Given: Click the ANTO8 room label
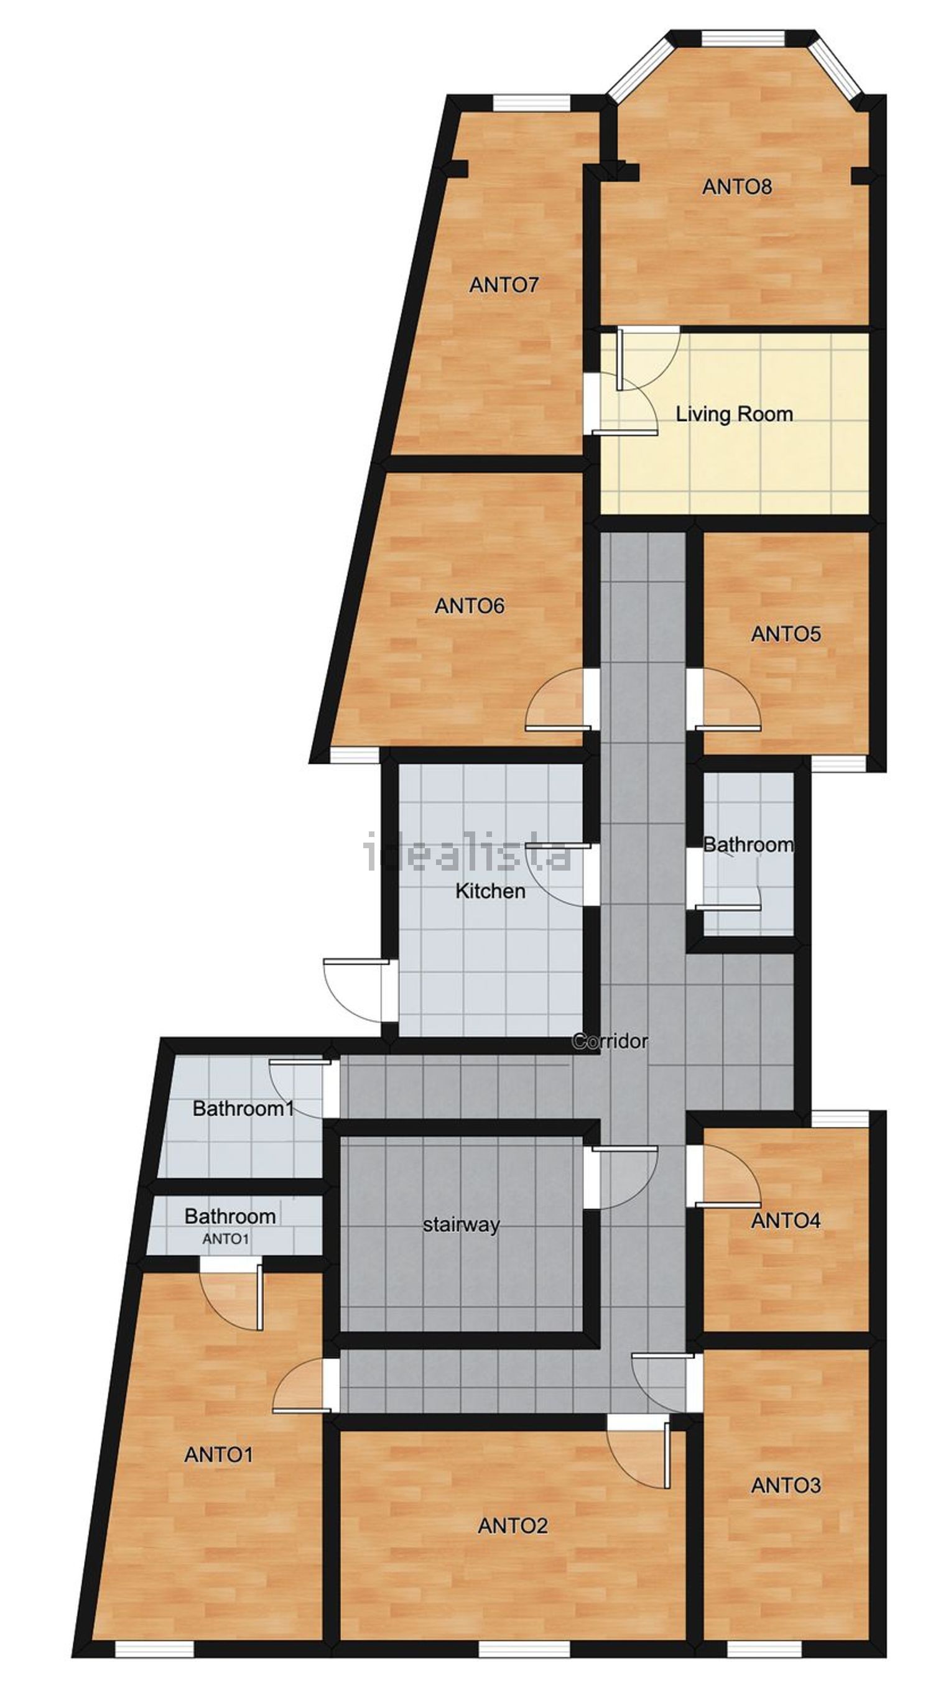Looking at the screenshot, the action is (736, 187).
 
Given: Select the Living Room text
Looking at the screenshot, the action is (734, 414).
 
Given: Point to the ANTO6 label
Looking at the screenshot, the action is (470, 606).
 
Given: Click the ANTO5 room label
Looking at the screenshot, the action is (786, 634).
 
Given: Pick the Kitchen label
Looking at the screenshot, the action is (490, 891).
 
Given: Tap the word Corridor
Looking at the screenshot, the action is (610, 1041).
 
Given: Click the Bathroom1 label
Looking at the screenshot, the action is (243, 1109).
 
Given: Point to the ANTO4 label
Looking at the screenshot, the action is (786, 1221).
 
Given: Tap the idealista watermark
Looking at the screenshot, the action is (468, 853).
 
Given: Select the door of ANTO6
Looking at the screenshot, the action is (559, 700).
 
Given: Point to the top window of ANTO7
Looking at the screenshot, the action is (531, 103).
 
